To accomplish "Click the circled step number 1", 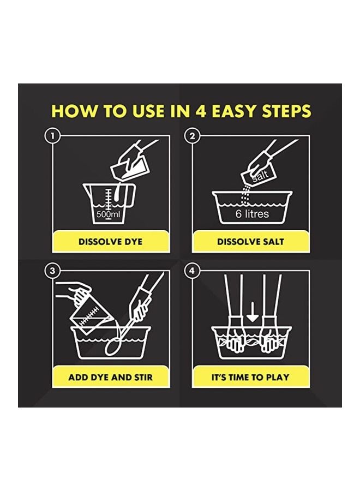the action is click(x=52, y=136).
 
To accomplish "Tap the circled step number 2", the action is click(x=192, y=136).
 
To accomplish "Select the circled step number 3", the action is click(x=52, y=271).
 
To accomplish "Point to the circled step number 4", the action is click(x=192, y=271).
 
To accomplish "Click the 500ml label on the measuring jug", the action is click(x=108, y=214).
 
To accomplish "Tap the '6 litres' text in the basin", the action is click(x=252, y=214).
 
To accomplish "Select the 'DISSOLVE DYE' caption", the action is click(x=110, y=242).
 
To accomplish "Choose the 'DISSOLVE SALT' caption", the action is click(x=250, y=242).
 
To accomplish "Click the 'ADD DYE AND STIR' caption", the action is click(x=111, y=377).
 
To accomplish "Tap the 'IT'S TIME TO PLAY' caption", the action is click(x=250, y=377).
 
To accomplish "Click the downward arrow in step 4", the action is click(x=253, y=314).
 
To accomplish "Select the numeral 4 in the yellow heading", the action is click(x=201, y=111).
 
